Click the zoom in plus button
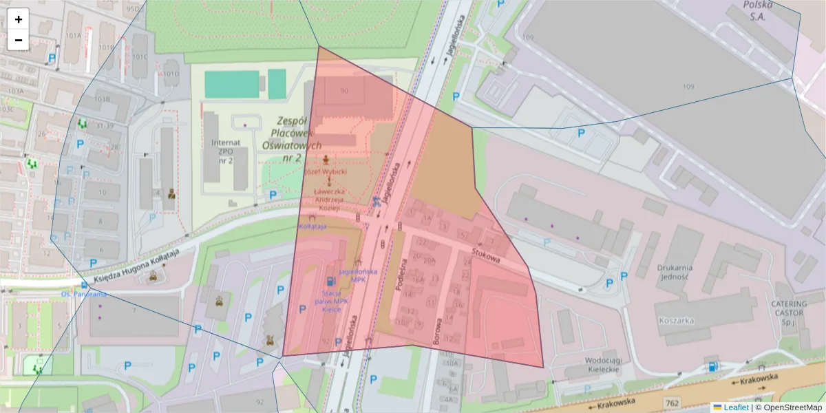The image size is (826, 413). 19,19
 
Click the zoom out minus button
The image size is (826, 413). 19,40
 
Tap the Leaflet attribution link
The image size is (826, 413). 736,407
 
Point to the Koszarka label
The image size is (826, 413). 675,320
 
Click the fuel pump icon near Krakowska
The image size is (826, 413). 712,367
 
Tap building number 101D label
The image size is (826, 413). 170,73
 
